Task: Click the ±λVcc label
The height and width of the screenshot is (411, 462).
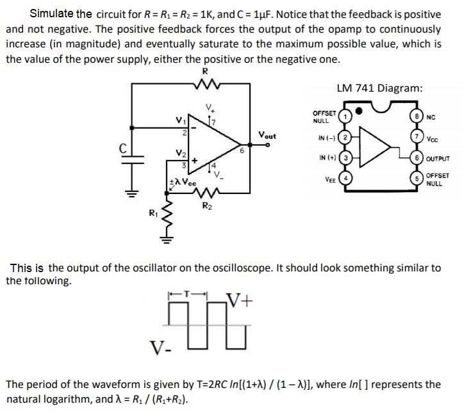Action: pos(181,181)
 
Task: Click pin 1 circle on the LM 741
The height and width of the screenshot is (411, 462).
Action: pos(344,117)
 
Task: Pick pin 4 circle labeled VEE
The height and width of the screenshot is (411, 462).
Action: pos(344,179)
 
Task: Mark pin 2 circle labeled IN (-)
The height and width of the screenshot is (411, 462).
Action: pos(344,138)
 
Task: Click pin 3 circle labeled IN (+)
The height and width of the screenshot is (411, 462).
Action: pos(344,158)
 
